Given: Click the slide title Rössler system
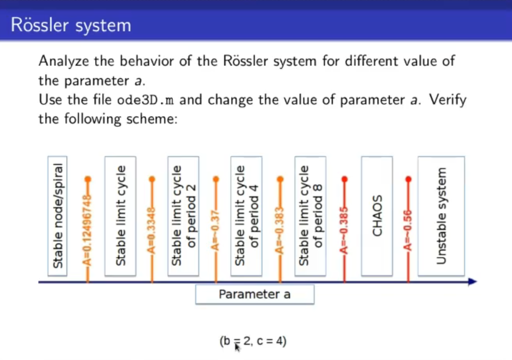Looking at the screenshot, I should point(71,26).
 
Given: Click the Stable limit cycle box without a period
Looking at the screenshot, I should point(120,216).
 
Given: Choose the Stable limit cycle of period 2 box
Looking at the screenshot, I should point(183,216).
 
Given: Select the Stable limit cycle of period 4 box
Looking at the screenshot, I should point(246,216).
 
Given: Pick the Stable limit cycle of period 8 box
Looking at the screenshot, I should point(310,216).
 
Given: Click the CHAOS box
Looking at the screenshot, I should point(377,216).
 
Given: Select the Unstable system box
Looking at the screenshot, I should point(441,216).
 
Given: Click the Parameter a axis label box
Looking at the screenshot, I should point(255,294).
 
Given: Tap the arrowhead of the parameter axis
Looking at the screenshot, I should point(472,282).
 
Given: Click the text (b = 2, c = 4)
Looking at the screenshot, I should point(253,342).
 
